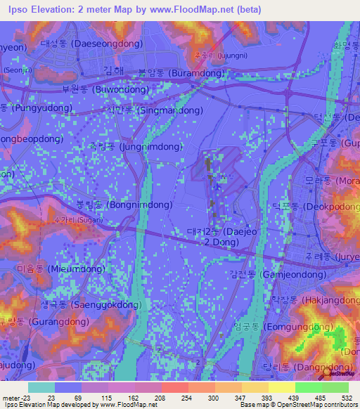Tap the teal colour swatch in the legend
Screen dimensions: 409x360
click(41, 387)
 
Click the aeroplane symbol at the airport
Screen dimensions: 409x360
click(219, 186)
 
